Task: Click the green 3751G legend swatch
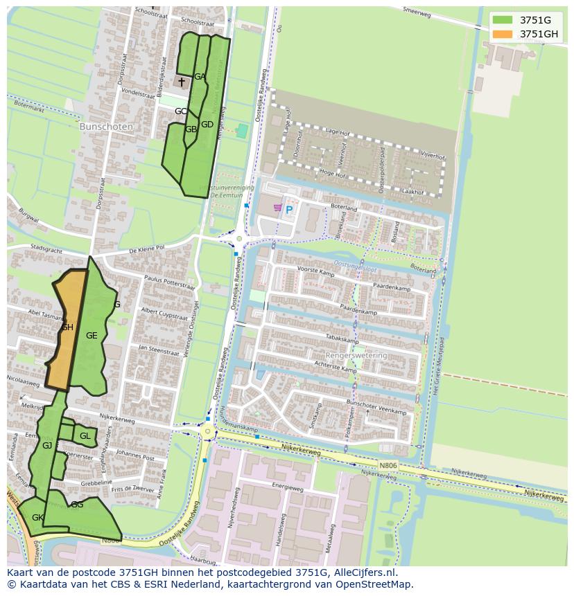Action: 503,20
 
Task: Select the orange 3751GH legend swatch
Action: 503,34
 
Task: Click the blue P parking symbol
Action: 289,210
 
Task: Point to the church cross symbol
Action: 182,82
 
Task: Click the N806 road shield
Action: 388,465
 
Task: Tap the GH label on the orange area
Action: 67,327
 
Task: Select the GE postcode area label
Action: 92,336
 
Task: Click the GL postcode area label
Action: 85,436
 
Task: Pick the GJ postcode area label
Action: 47,446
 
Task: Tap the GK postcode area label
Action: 37,518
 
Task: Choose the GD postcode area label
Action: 207,125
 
